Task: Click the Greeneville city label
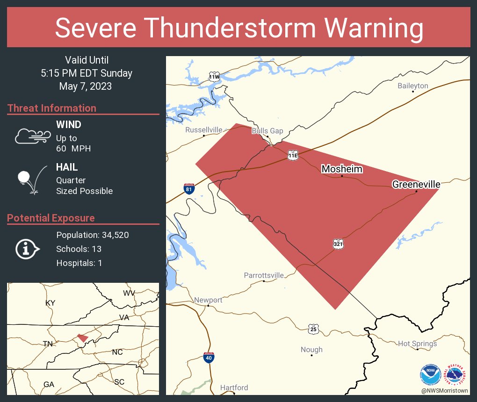pyautogui.click(x=416, y=185)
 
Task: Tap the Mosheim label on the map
pyautogui.click(x=342, y=169)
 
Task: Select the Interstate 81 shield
pyautogui.click(x=189, y=188)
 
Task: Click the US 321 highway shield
pyautogui.click(x=339, y=244)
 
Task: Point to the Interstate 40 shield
pyautogui.click(x=209, y=358)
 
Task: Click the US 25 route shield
pyautogui.click(x=313, y=329)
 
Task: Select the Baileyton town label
pyautogui.click(x=413, y=86)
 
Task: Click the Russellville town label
pyautogui.click(x=204, y=129)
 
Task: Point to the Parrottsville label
pyautogui.click(x=264, y=275)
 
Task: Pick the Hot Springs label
pyautogui.click(x=417, y=344)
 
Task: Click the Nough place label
pyautogui.click(x=311, y=349)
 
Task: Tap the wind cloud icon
pyautogui.click(x=32, y=136)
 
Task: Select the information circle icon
pyautogui.click(x=28, y=249)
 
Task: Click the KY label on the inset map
pyautogui.click(x=51, y=303)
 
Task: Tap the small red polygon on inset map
pyautogui.click(x=83, y=337)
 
